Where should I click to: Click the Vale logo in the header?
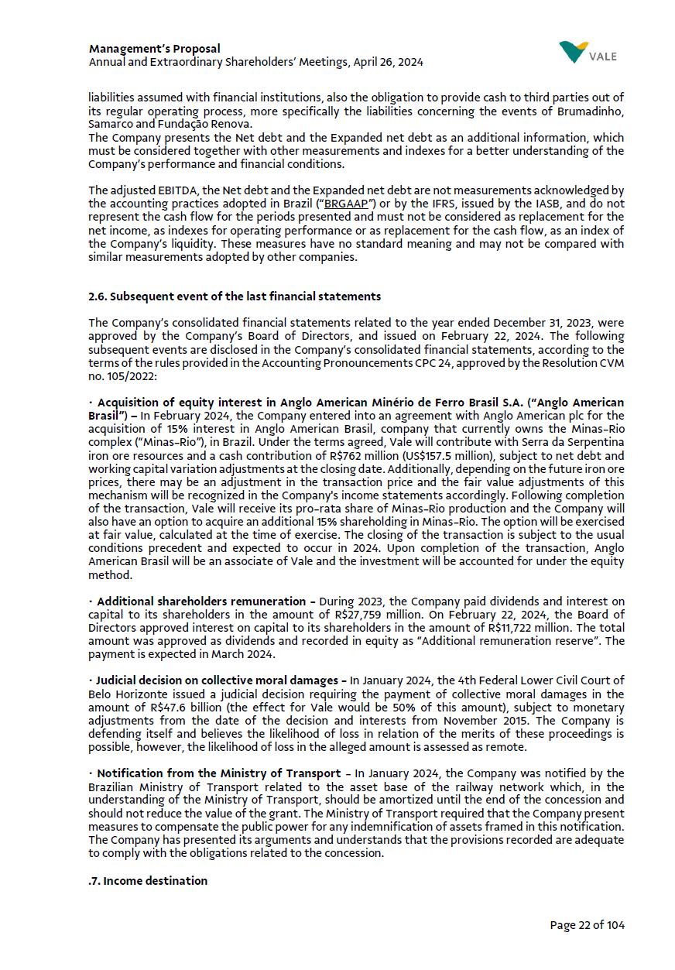(588, 53)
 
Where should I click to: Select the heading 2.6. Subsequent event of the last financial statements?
(235, 296)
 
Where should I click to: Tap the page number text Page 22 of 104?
(587, 925)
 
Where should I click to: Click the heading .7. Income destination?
(148, 881)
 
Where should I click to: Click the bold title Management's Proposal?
(155, 49)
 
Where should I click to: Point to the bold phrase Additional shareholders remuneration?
(201, 602)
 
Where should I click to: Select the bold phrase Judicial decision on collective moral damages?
(221, 681)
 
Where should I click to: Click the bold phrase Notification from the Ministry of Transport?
(218, 773)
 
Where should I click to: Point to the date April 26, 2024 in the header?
(388, 62)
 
